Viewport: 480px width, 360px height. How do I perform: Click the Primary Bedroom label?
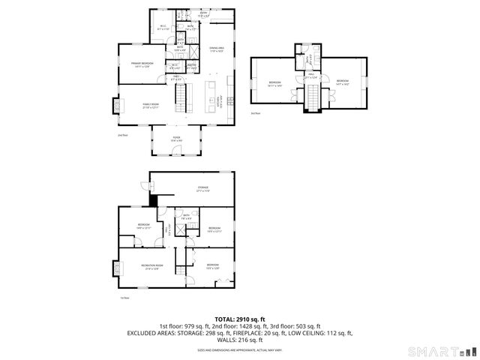pyautogui.click(x=142, y=64)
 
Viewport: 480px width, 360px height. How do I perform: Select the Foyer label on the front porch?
pyautogui.click(x=177, y=139)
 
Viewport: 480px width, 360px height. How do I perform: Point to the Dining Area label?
pyautogui.click(x=217, y=49)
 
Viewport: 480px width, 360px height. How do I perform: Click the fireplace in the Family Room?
pyautogui.click(x=115, y=106)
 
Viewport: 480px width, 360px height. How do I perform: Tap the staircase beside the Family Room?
pyautogui.click(x=180, y=96)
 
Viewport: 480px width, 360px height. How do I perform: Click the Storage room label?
pyautogui.click(x=202, y=188)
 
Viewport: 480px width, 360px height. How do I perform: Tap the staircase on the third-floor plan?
pyautogui.click(x=312, y=95)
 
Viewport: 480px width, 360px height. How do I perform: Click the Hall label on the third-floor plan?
pyautogui.click(x=311, y=76)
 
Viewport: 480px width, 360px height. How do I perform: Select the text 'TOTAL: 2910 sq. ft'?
pyautogui.click(x=239, y=319)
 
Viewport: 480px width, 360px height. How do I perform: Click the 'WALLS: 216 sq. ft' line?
pyautogui.click(x=239, y=340)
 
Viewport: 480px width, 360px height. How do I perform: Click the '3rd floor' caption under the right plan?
pyautogui.click(x=255, y=113)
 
